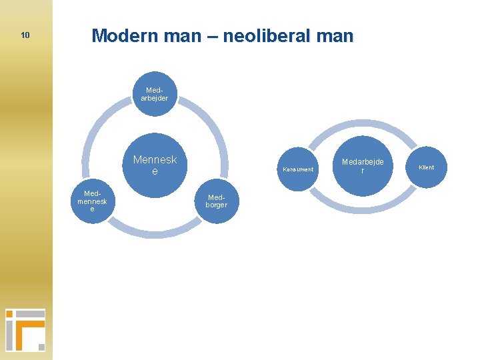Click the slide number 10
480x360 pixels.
25,35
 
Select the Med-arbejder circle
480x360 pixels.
155,94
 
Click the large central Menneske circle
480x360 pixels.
155,165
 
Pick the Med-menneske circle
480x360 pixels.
93,201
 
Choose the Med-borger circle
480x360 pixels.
217,201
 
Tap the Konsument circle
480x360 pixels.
297,169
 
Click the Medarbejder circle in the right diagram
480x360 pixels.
363,166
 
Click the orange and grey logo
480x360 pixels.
25,329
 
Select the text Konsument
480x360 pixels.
297,169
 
